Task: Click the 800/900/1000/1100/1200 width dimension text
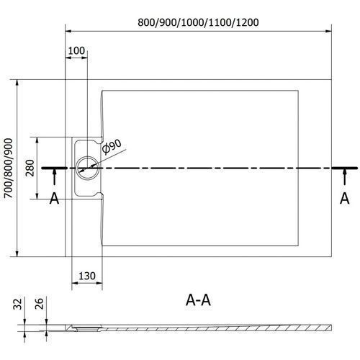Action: click(198, 22)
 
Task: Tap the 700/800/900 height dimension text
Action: click(9, 168)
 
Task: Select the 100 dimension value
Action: click(76, 50)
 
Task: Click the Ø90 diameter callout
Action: click(112, 146)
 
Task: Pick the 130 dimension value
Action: click(87, 276)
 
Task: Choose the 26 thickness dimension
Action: click(39, 303)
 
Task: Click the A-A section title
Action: click(198, 300)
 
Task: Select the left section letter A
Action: click(54, 199)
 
